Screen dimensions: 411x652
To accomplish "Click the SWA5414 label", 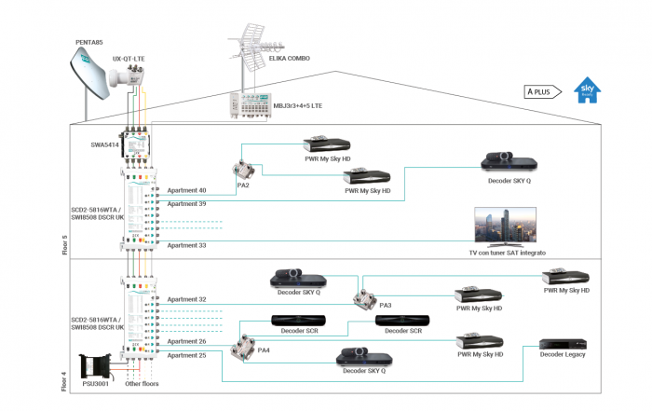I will pos(105,144).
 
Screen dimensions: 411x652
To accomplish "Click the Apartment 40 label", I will pos(186,190).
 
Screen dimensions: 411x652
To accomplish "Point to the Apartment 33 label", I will pos(186,245).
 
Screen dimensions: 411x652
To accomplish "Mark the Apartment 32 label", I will pos(186,299).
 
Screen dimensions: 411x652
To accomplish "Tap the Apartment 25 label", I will pos(186,355).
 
